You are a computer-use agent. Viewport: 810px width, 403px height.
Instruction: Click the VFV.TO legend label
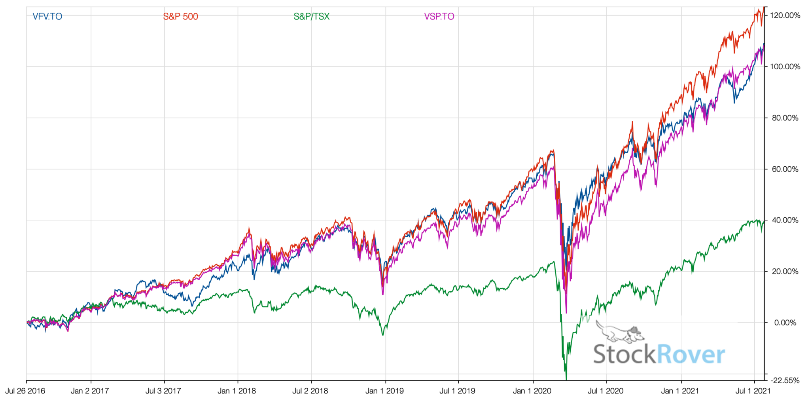click(x=47, y=17)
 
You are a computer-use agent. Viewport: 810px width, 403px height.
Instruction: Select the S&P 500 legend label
click(x=180, y=17)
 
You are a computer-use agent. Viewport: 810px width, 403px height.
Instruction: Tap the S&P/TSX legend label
click(x=311, y=17)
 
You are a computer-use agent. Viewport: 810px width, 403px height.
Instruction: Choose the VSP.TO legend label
click(x=439, y=17)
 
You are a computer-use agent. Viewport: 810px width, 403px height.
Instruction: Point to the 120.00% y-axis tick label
click(x=785, y=16)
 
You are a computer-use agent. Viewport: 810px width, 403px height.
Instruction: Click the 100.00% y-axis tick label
click(x=785, y=67)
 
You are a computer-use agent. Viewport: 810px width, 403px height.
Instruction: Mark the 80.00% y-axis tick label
click(x=785, y=118)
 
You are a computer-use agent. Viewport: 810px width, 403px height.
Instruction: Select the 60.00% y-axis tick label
click(x=785, y=169)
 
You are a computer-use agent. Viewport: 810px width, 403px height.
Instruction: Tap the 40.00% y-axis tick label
click(x=785, y=221)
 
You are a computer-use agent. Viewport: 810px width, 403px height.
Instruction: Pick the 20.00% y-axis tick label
click(x=785, y=272)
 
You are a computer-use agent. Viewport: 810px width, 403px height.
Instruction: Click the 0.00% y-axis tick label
click(x=785, y=323)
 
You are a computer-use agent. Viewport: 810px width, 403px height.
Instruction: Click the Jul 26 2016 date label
click(x=25, y=391)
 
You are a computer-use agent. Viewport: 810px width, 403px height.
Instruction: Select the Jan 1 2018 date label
click(x=237, y=391)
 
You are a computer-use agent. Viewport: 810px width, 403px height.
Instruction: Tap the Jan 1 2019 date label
click(x=384, y=391)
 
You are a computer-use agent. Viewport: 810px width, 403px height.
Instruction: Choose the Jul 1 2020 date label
click(x=605, y=391)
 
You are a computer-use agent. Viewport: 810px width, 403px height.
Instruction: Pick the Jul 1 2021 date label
click(x=753, y=391)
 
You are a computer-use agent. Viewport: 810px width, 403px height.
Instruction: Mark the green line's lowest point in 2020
click(x=566, y=378)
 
